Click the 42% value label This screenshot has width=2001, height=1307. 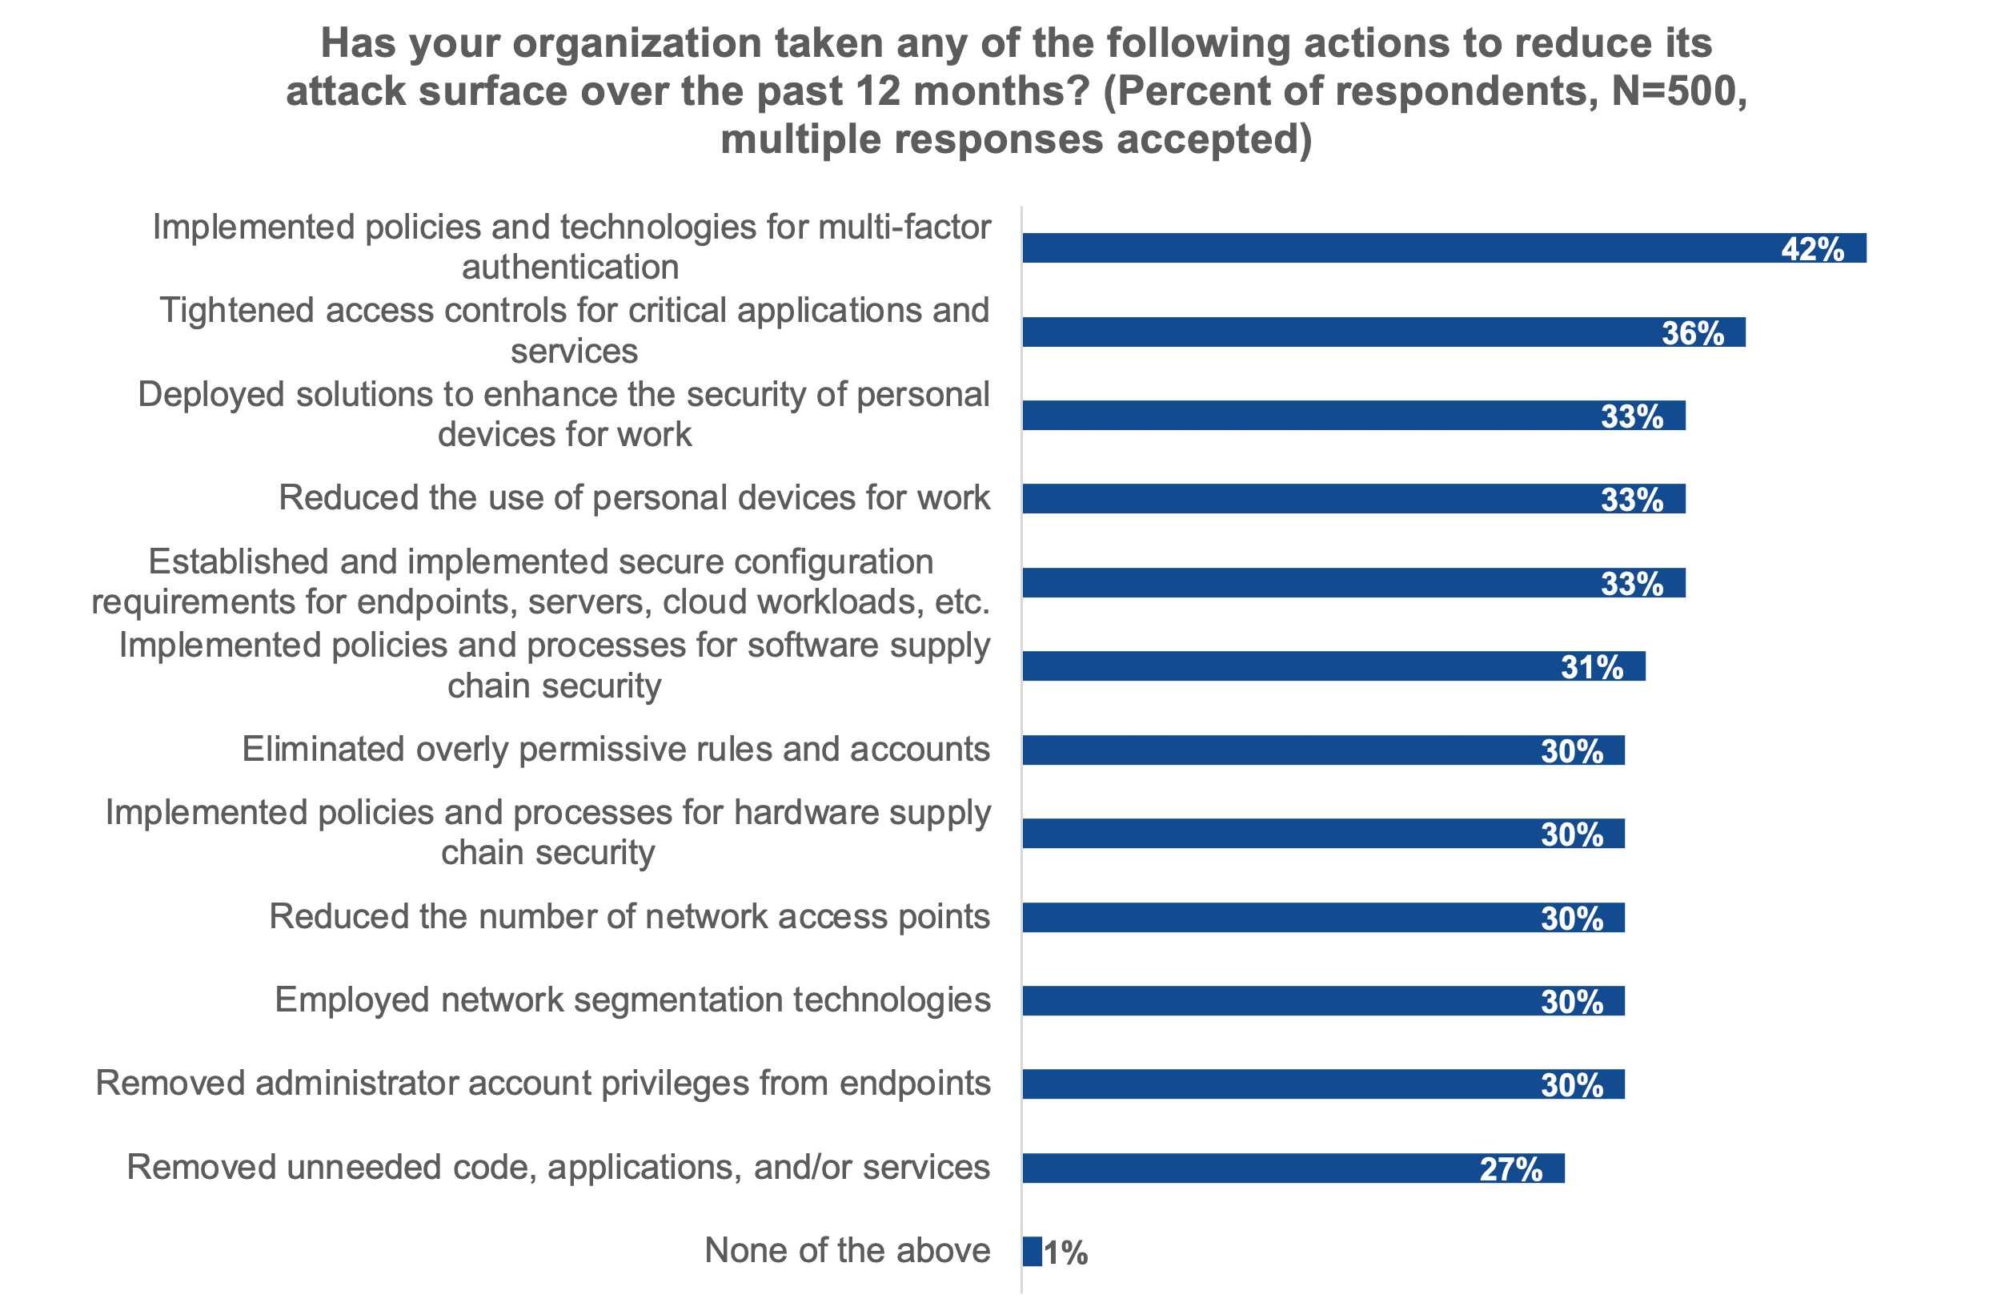click(1812, 250)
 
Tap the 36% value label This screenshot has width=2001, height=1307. click(1692, 333)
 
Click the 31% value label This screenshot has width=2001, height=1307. click(1591, 667)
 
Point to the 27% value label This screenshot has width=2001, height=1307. click(1511, 1169)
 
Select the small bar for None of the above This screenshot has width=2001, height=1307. click(1033, 1252)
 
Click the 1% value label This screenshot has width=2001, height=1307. click(1066, 1253)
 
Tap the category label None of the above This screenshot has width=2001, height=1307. click(848, 1251)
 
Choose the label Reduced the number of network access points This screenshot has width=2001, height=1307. click(629, 917)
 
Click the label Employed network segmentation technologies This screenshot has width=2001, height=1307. click(632, 1000)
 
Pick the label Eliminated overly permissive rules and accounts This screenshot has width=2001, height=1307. click(616, 750)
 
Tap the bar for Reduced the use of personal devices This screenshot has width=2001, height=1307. click(1303, 499)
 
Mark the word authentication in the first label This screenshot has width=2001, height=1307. click(570, 267)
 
